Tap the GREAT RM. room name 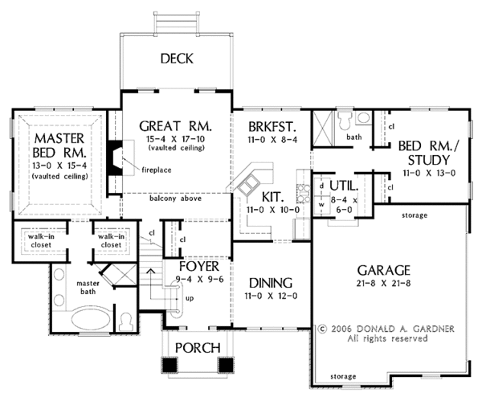point(174,126)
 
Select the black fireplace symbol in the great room point(116,156)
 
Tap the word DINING point(270,283)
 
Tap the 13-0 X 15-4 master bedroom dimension point(58,165)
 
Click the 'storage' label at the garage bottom point(342,375)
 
